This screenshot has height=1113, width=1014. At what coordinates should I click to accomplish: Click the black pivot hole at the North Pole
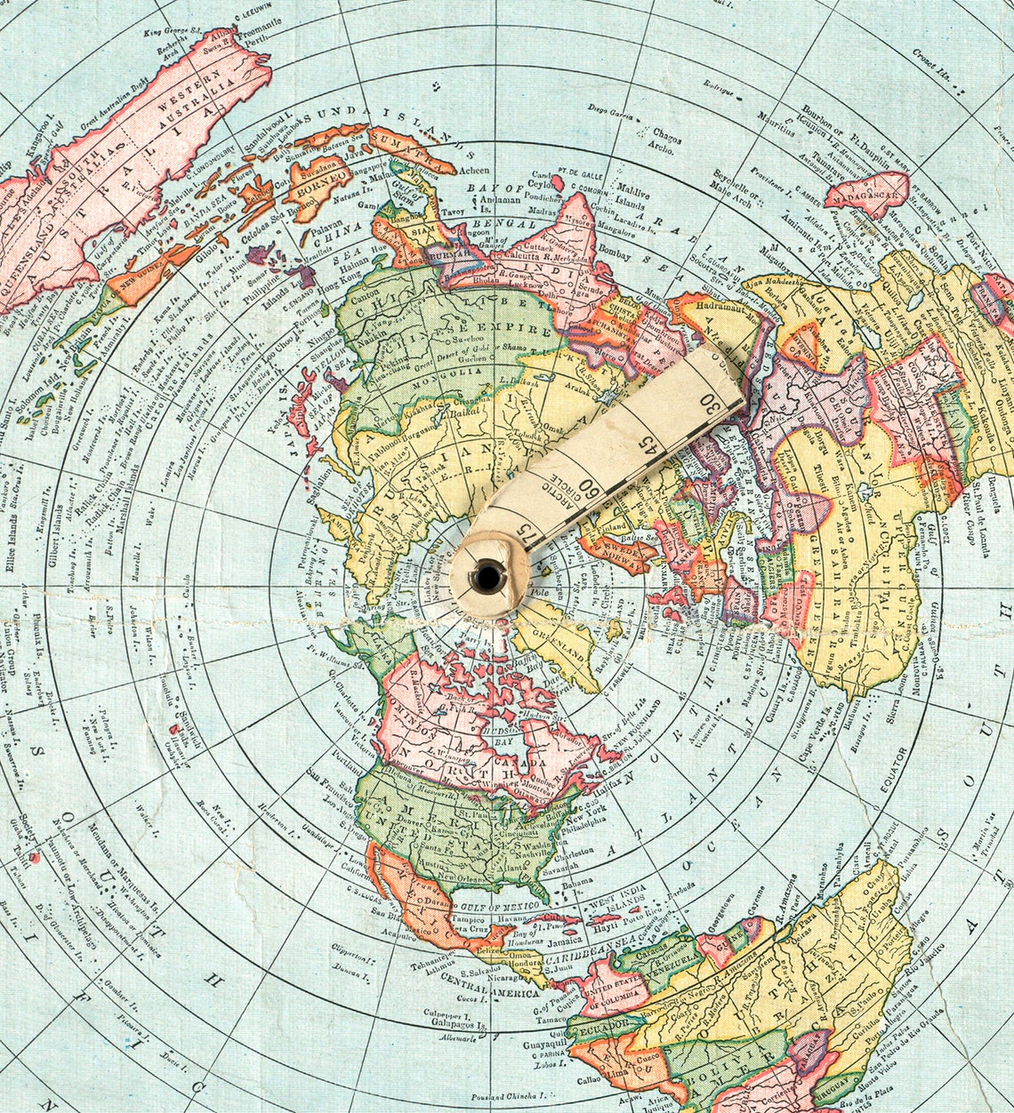[x=487, y=577]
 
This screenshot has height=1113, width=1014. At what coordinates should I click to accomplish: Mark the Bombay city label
[x=615, y=256]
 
